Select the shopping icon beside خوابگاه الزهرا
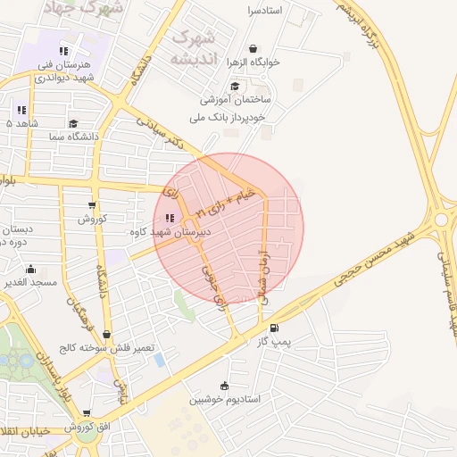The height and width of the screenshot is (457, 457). [253, 49]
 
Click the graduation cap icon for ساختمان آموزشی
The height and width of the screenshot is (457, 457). [235, 87]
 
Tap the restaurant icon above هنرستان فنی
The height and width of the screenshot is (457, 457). [63, 51]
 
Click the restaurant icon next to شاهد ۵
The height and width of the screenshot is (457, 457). [21, 110]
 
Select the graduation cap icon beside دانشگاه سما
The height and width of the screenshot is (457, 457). [73, 124]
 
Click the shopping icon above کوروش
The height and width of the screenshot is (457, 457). [92, 205]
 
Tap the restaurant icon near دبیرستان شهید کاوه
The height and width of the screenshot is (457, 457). [170, 217]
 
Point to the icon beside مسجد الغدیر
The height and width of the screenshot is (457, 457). [31, 269]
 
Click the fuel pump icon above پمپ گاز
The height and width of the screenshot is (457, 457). [273, 328]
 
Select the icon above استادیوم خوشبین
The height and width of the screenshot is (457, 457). [224, 386]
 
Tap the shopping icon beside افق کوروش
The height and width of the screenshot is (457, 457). [87, 413]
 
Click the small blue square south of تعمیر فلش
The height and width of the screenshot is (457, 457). [159, 359]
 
